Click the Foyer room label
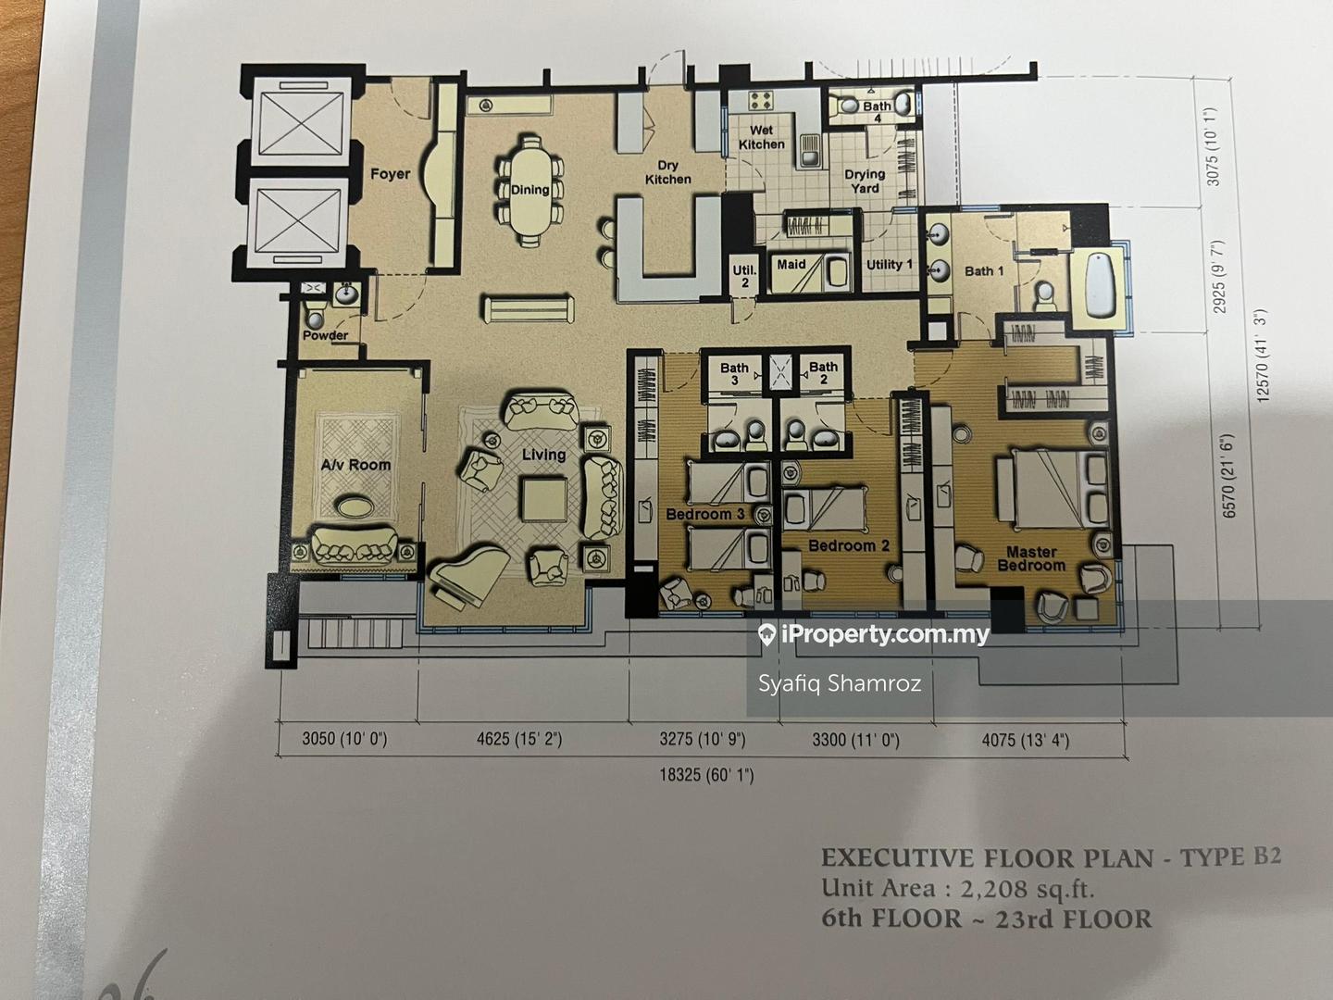390,174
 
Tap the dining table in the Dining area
530,191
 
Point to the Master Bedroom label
1031,558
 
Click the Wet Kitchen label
762,137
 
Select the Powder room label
326,335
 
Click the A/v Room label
355,465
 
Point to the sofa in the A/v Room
355,545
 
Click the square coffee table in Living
543,499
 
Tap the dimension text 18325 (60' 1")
706,775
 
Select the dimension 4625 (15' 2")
519,740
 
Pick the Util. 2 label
744,276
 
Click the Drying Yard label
865,181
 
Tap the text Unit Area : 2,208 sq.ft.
958,888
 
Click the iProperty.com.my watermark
874,635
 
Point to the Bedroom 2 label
848,546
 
